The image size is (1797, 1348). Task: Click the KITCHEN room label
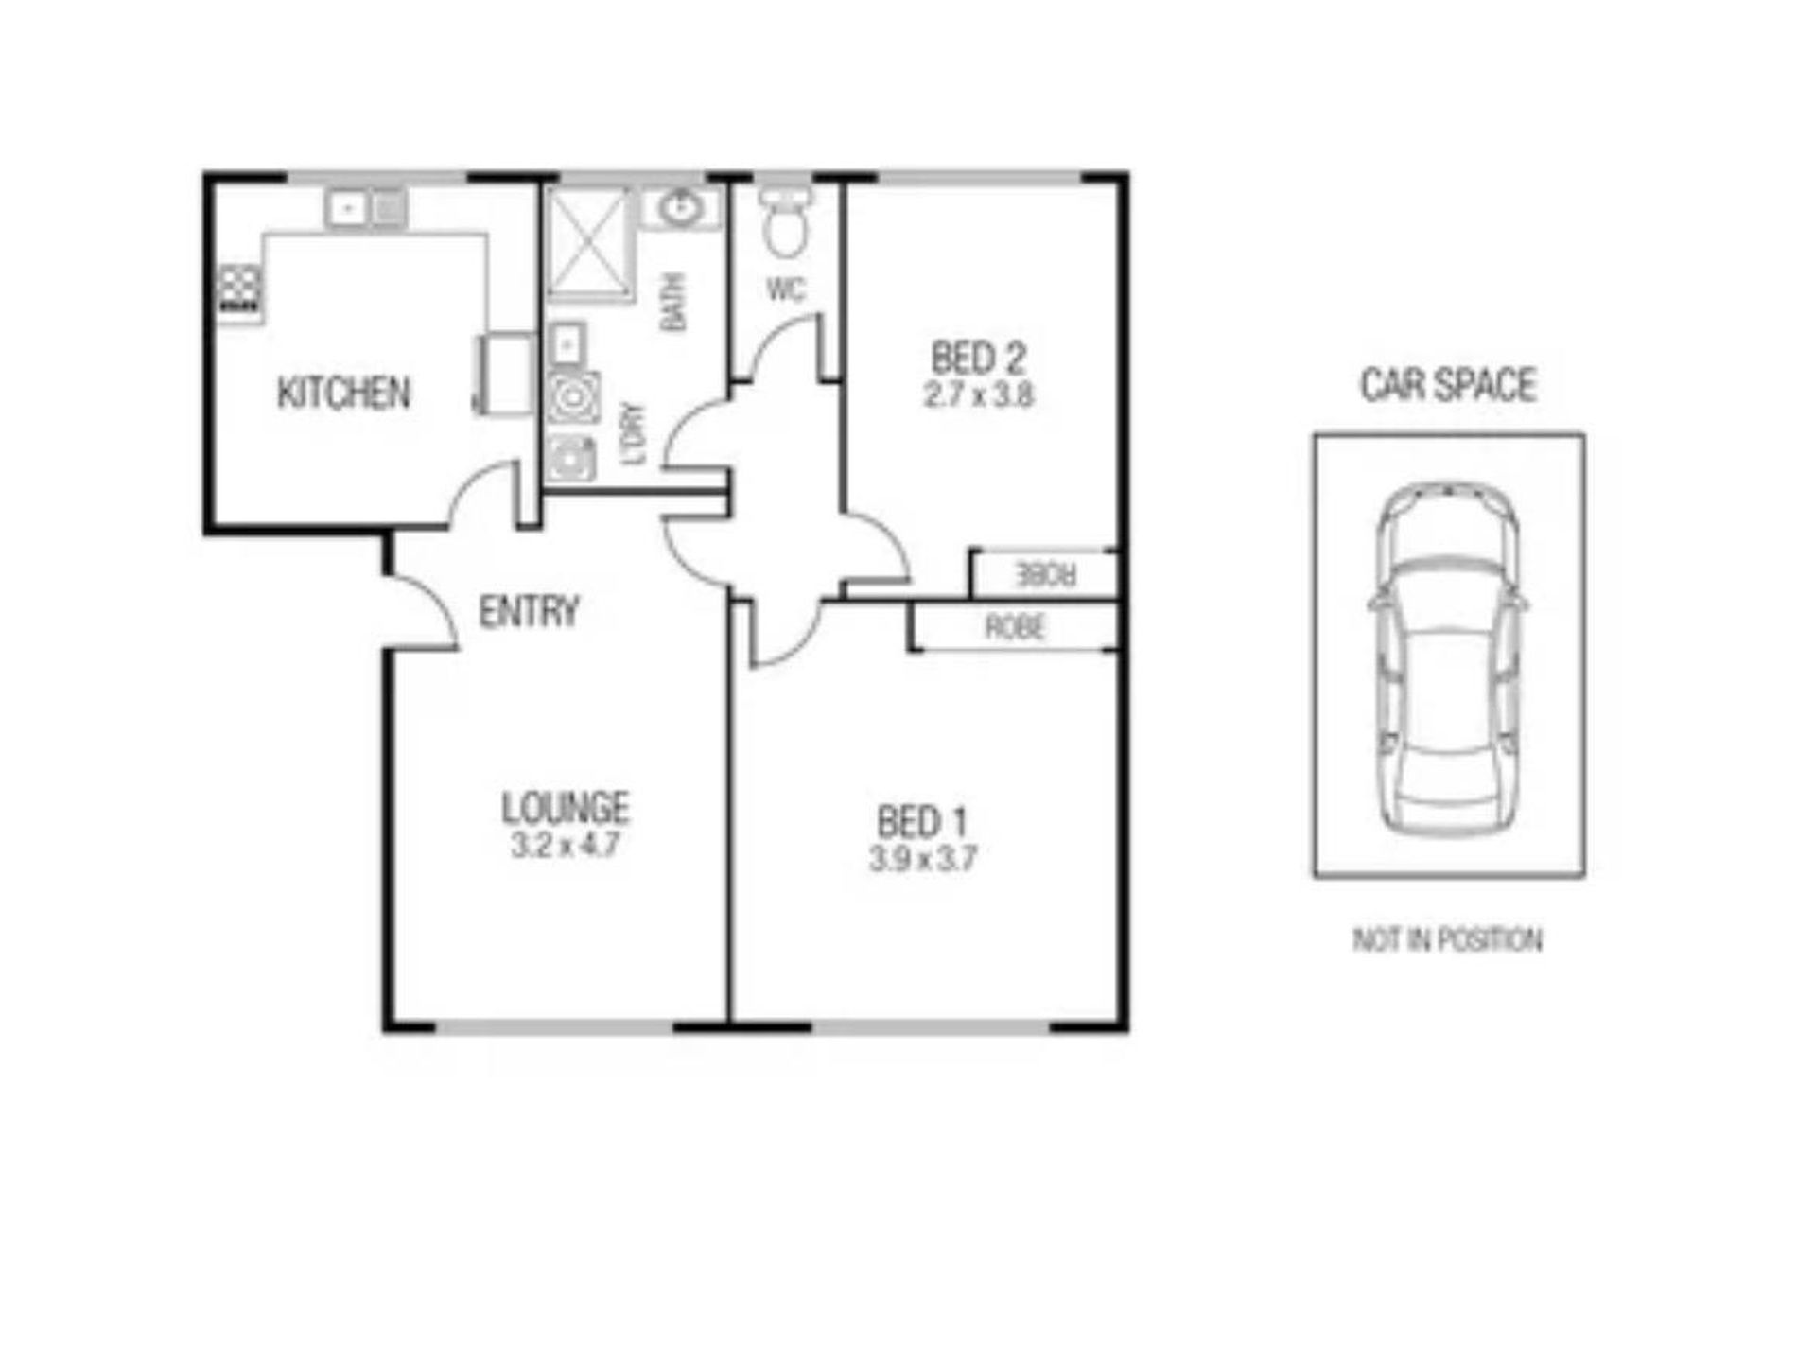pos(343,393)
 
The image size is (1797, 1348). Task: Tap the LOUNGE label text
pos(565,808)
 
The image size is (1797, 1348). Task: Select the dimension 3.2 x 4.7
pos(565,845)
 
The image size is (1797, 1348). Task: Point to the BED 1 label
pos(922,822)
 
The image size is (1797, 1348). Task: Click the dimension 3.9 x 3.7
pos(922,859)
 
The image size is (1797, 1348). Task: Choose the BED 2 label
pos(978,358)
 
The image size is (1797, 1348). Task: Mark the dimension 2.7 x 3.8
pos(978,394)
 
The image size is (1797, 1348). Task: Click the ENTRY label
pos(528,612)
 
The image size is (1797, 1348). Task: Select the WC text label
pos(786,289)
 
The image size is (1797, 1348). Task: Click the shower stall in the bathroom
pos(588,242)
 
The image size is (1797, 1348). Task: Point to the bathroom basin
pos(679,207)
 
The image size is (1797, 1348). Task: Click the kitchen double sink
pos(366,207)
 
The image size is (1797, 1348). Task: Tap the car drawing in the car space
pos(1447,658)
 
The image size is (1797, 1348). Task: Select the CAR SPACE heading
pos(1447,385)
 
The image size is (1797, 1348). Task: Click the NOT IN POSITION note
pos(1447,940)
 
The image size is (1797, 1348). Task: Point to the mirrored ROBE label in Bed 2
pos(1044,574)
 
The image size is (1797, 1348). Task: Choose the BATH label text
pos(673,302)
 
